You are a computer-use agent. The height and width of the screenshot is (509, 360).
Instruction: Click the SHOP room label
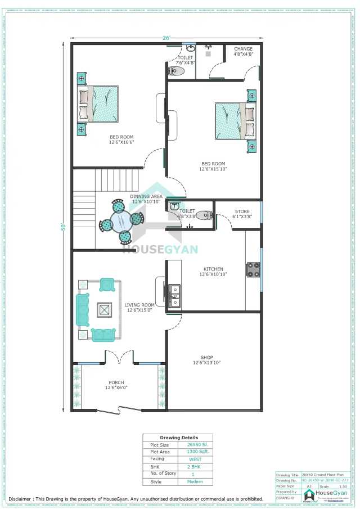click(206, 357)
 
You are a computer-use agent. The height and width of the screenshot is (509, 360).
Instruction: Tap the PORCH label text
click(116, 382)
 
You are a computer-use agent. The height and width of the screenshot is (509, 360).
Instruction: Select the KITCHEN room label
click(213, 269)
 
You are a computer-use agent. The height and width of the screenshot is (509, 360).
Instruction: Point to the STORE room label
click(242, 211)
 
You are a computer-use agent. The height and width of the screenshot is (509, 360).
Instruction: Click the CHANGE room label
click(243, 49)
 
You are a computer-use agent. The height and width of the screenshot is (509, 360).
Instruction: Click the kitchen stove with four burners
click(253, 269)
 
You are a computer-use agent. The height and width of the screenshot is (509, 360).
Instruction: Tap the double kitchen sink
click(174, 295)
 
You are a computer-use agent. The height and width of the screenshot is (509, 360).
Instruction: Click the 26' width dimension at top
click(166, 38)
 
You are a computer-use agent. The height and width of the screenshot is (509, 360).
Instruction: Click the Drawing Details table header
click(178, 437)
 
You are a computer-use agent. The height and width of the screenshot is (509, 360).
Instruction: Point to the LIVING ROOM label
click(140, 304)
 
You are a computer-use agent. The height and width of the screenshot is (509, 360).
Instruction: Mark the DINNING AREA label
click(147, 196)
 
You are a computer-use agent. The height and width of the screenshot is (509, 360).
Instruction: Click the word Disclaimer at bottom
click(21, 499)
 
